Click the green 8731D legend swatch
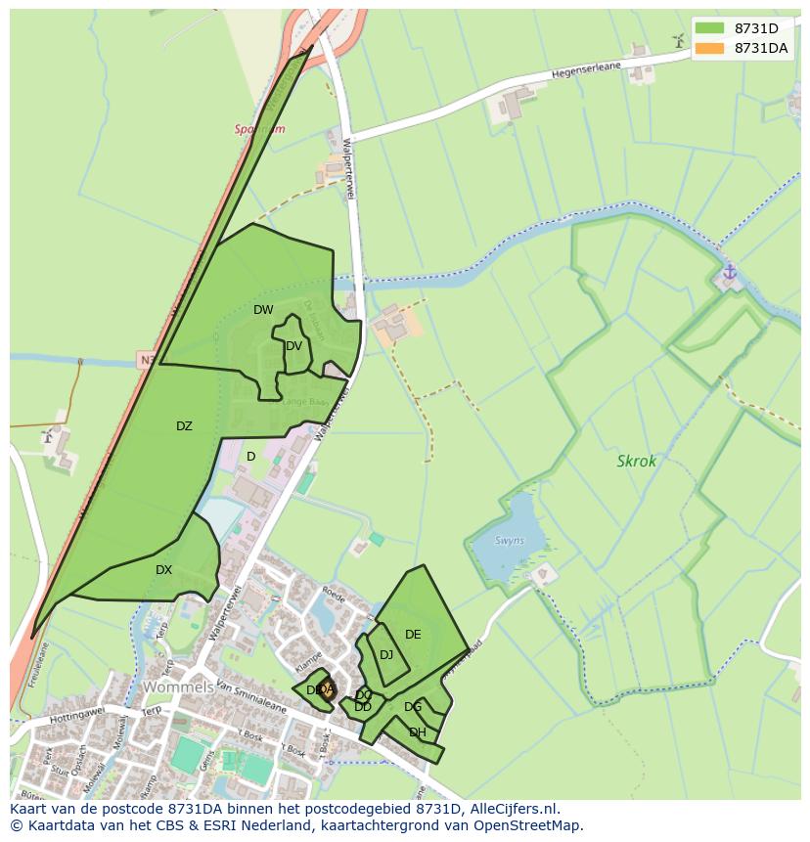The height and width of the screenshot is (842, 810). click(x=710, y=27)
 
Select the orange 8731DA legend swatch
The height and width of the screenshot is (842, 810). click(x=710, y=48)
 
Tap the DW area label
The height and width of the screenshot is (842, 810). click(x=263, y=310)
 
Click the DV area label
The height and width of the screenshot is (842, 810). click(x=293, y=346)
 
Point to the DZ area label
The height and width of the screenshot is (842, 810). click(x=184, y=426)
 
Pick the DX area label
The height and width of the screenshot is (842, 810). click(x=163, y=570)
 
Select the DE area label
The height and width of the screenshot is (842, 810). click(x=413, y=635)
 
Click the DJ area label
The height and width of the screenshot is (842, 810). click(x=386, y=655)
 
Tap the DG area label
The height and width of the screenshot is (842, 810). click(x=413, y=707)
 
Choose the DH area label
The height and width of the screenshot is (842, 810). click(x=418, y=732)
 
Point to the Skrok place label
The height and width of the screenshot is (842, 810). click(x=637, y=461)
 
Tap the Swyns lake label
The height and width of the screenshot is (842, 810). click(x=509, y=541)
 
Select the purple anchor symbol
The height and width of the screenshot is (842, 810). click(x=729, y=271)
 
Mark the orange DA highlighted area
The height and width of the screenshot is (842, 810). click(x=326, y=690)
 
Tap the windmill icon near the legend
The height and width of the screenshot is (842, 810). click(x=677, y=40)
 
